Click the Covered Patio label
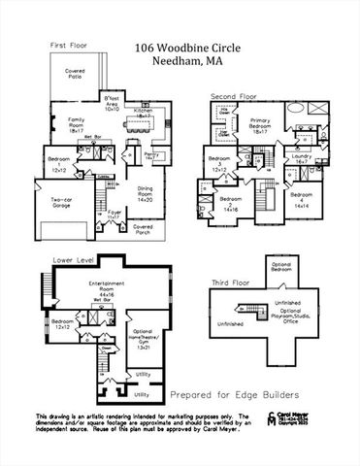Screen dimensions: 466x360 [75, 74]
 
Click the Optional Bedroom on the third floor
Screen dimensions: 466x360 [280, 266]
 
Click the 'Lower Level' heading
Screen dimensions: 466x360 [69, 261]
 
